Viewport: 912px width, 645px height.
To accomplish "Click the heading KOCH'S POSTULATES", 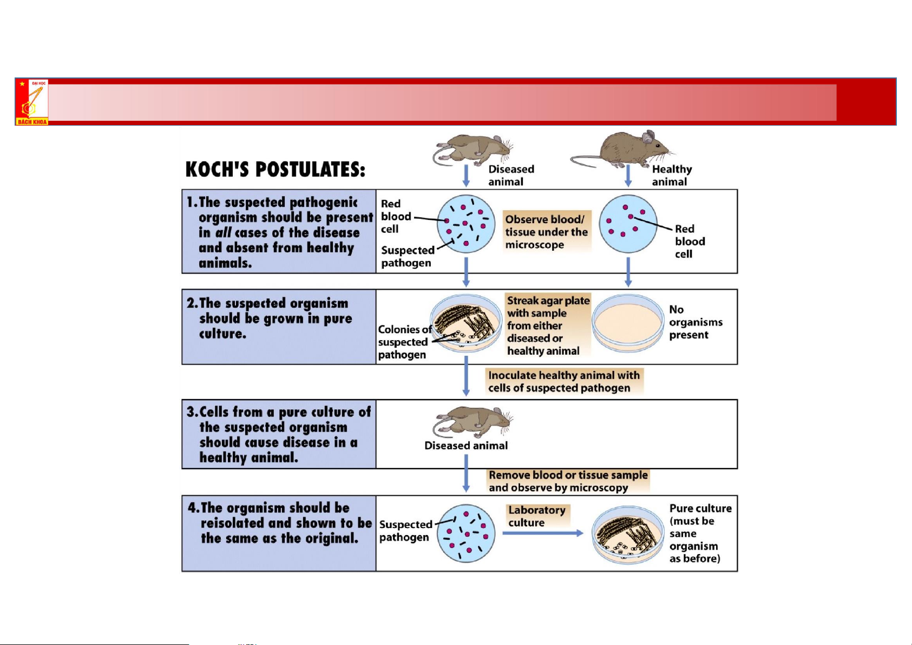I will (x=275, y=170).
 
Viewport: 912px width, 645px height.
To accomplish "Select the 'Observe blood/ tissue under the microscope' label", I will (x=546, y=232).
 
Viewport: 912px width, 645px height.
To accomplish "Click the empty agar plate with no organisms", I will (x=628, y=323).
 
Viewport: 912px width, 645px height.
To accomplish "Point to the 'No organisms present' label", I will (x=695, y=322).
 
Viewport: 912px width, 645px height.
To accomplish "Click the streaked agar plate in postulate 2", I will (x=466, y=323).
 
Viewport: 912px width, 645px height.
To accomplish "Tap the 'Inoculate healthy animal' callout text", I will (x=563, y=382).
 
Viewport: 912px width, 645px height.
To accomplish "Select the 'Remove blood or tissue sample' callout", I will (x=568, y=481).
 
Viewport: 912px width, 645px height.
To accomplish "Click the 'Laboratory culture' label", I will (x=536, y=516).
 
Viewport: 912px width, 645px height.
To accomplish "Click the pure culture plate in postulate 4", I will (x=627, y=535).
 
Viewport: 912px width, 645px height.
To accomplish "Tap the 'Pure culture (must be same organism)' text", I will (x=699, y=533).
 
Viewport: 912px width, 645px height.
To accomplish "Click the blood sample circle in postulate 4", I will (x=466, y=533).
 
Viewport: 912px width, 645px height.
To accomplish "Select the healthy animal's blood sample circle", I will (x=628, y=224).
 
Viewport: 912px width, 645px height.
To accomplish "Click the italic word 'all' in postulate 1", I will (x=223, y=233).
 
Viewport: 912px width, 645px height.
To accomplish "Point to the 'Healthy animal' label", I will (x=671, y=175).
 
